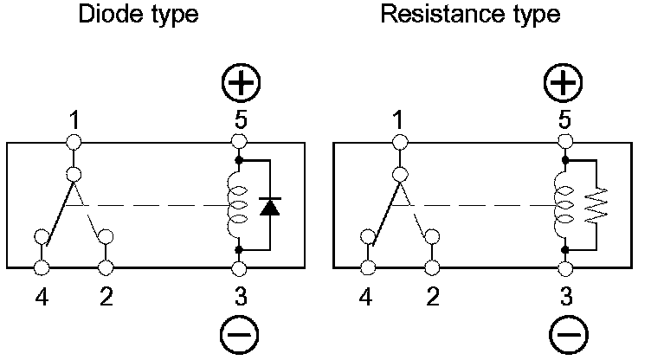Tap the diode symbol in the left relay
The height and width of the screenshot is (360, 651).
(271, 206)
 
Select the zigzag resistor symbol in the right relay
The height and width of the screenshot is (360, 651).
(595, 206)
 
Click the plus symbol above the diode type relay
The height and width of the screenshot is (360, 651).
(240, 83)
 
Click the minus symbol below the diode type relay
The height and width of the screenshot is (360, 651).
(240, 334)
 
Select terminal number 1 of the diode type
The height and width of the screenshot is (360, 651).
(75, 141)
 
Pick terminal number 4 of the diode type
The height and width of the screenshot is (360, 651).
(41, 267)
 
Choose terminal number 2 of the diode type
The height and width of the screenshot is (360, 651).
(106, 267)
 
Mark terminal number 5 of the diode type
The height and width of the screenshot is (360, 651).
(240, 141)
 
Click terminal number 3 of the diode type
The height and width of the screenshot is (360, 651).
(240, 267)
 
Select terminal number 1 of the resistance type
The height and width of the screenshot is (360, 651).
(399, 141)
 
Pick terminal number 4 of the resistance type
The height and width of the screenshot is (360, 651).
(367, 267)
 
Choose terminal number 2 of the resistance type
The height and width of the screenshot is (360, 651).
(431, 267)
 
